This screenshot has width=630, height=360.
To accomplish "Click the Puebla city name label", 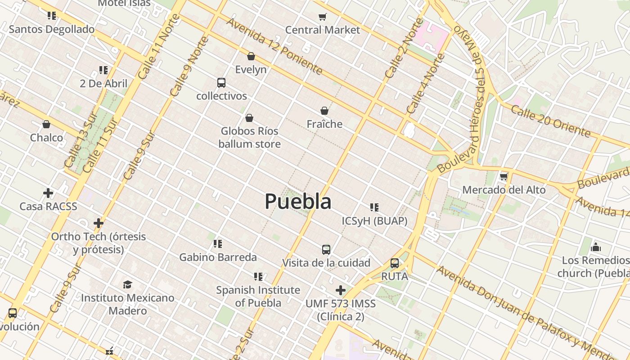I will point(298,201).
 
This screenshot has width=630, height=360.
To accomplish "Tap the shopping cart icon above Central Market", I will point(322,17).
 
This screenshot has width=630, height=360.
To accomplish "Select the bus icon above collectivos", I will point(221,83).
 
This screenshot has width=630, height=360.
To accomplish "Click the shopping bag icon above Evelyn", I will point(251,56).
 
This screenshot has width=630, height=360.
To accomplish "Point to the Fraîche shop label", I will point(324,124).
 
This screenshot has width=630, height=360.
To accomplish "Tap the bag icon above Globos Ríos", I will point(249,118).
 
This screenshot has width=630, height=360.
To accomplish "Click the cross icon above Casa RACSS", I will point(48,193).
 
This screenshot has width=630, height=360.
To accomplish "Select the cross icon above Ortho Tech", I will point(99,223).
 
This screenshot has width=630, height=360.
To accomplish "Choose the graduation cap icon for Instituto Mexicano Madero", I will point(128,284).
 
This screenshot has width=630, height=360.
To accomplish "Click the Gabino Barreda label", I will point(218,257).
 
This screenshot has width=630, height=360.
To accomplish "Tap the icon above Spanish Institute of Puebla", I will point(258,276).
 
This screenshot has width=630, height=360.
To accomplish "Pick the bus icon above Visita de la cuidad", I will point(326,249).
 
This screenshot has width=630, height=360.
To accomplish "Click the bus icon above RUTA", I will point(395,263).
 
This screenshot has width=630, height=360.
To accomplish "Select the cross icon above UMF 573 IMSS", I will point(341,290).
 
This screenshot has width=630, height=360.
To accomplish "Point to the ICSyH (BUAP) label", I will point(374,221).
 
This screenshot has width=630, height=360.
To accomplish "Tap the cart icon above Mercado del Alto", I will point(504,176).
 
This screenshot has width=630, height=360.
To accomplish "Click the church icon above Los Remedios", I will point(596,247).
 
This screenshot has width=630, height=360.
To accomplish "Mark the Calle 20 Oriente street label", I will point(550,120).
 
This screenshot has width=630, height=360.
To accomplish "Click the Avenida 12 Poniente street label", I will point(274,46).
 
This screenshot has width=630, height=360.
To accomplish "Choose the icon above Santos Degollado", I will point(52,16).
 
